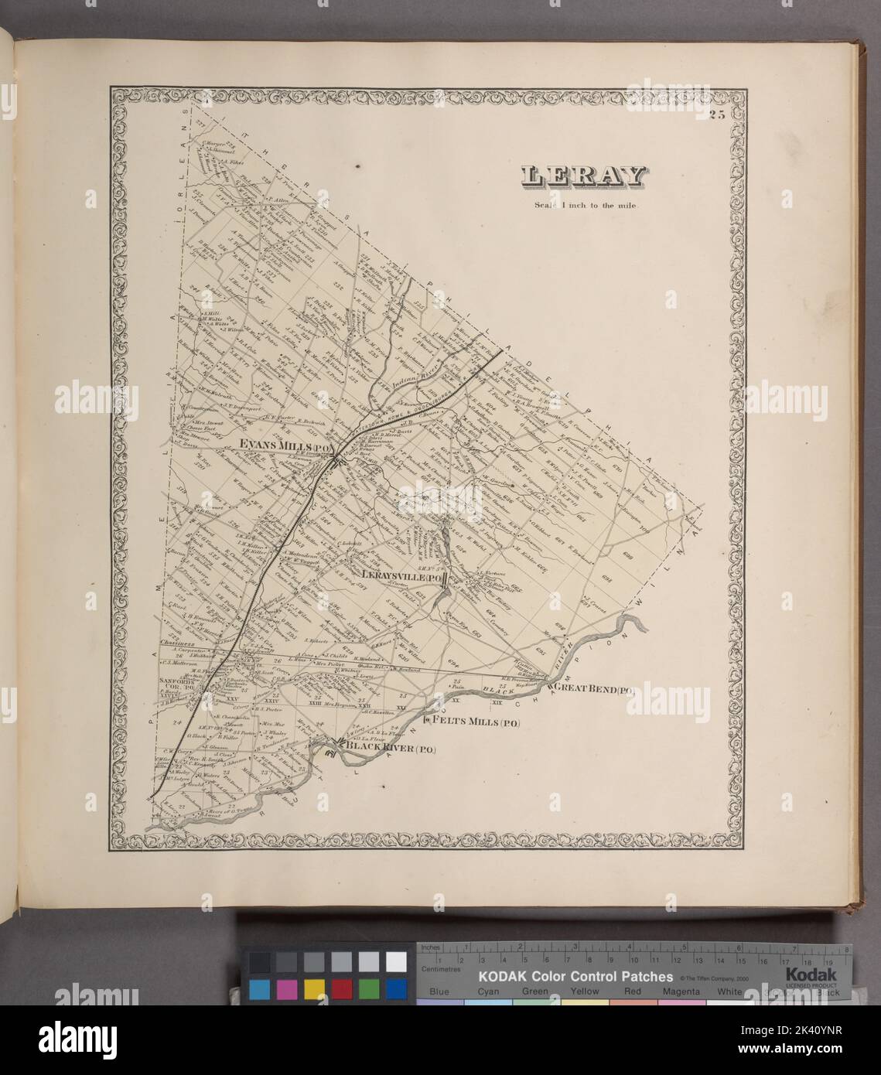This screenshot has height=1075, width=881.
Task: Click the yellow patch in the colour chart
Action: pyautogui.click(x=314, y=989)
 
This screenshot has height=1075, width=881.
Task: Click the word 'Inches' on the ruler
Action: pyautogui.click(x=432, y=947)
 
